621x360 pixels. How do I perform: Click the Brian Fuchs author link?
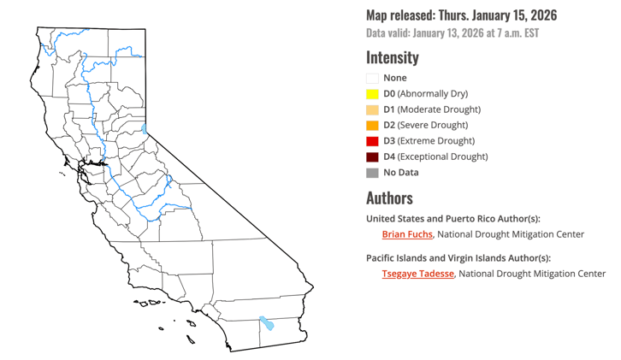(x=407, y=234)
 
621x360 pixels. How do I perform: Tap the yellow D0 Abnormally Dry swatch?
(x=372, y=94)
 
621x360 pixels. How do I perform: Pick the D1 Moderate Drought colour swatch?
(x=372, y=109)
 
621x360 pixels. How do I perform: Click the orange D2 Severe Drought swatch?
(x=372, y=125)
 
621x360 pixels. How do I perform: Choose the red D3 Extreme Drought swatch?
(x=372, y=141)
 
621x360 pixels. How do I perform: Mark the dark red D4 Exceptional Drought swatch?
(x=372, y=156)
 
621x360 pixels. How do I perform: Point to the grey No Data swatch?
(x=372, y=173)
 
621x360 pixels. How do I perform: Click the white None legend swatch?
(x=372, y=78)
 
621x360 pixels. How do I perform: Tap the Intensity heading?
(x=393, y=58)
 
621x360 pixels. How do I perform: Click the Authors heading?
(x=389, y=198)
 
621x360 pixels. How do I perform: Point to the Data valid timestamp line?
(x=452, y=33)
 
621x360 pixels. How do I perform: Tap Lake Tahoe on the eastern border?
(x=145, y=130)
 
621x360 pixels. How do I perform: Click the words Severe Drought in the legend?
(x=437, y=125)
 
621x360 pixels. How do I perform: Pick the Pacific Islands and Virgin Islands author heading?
(x=458, y=257)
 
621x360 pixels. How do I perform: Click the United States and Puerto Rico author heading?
(x=453, y=218)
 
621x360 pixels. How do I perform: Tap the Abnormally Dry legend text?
(x=434, y=94)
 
